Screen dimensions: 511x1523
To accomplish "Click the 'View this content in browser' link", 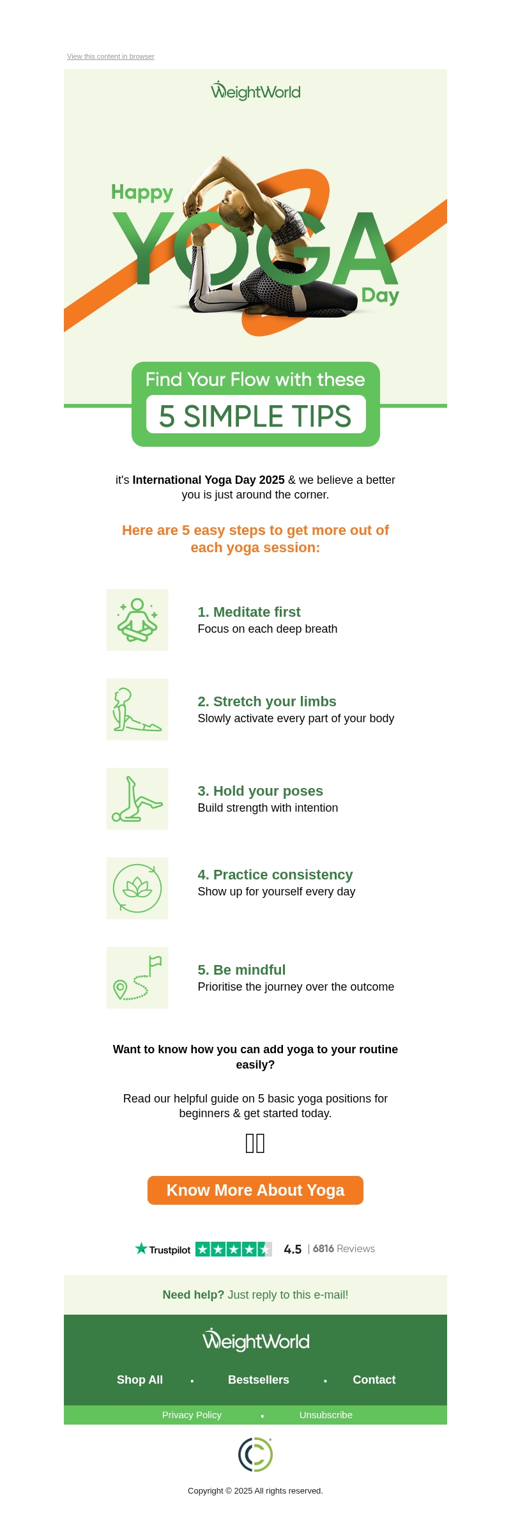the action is click(111, 56).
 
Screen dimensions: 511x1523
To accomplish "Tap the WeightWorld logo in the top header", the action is click(256, 91).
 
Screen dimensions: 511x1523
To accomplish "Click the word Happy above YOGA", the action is click(142, 192).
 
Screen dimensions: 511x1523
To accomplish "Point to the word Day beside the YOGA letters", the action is click(380, 295).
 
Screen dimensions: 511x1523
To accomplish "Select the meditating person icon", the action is click(137, 620).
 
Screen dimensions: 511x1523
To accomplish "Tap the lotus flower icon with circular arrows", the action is click(137, 888).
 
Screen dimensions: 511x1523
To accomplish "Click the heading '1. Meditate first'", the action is click(249, 612).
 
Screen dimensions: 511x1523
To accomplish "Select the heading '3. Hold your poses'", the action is click(261, 791).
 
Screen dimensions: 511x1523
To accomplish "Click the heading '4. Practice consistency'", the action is click(275, 875).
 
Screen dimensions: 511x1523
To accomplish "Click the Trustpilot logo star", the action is click(141, 1248).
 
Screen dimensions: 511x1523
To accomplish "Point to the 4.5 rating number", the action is click(293, 1249).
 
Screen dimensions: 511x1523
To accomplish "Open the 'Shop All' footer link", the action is click(140, 1380).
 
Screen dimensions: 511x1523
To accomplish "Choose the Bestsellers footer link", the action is click(259, 1380).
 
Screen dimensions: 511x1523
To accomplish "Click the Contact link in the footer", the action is click(374, 1380).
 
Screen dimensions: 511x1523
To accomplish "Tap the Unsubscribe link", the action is click(326, 1415).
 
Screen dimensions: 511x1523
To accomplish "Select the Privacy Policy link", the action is click(192, 1415).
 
